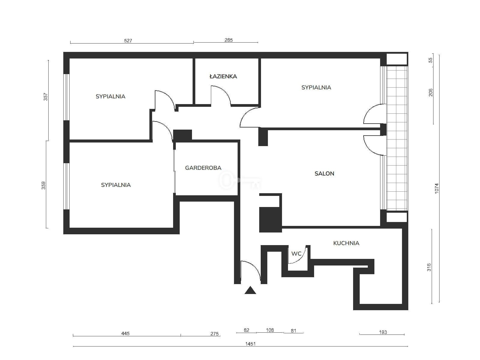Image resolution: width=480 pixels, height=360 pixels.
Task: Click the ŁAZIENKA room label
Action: [x=223, y=76]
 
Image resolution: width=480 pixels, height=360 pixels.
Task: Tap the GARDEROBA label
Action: [x=203, y=168]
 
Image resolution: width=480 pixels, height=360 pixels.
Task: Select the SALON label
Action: [x=324, y=173]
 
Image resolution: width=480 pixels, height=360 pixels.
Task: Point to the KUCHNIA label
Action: [x=346, y=243]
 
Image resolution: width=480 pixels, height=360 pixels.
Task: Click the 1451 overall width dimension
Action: [x=250, y=344]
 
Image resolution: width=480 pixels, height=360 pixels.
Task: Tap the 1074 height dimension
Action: [x=436, y=188]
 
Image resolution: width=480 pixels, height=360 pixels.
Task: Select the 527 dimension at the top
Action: [x=128, y=40]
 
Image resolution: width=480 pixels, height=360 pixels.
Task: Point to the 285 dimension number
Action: [x=229, y=40]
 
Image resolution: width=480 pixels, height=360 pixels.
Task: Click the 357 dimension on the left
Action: [x=46, y=97]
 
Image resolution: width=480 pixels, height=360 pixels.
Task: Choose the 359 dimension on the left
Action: [x=43, y=185]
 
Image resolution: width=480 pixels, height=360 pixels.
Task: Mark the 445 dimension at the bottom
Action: [x=125, y=333]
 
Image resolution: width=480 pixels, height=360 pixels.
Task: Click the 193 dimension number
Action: [x=383, y=332]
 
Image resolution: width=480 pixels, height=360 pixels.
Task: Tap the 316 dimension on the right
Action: [x=429, y=267]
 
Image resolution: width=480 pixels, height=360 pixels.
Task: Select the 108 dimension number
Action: [x=270, y=330]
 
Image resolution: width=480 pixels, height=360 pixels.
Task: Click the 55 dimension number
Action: [x=430, y=60]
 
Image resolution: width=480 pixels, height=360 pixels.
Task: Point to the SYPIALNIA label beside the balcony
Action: [x=316, y=87]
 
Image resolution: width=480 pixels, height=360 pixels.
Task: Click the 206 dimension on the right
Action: [x=430, y=92]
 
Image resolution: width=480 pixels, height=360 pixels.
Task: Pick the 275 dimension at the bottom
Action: [x=214, y=334]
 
